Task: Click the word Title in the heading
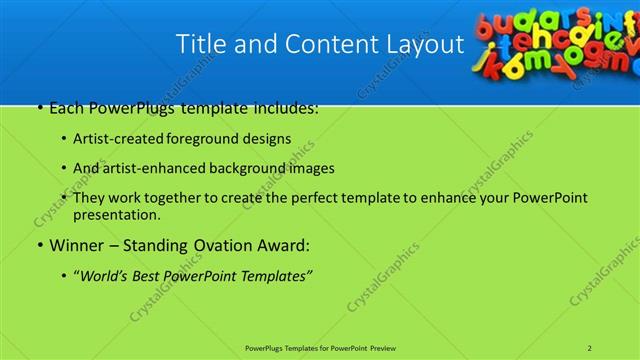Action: click(x=199, y=45)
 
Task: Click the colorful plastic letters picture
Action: click(x=555, y=42)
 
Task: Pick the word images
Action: click(x=313, y=168)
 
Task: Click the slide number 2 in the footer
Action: click(x=591, y=347)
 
